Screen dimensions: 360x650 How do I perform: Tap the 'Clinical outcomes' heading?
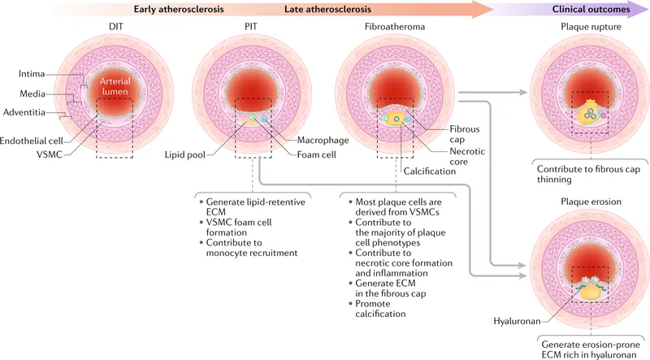tap(591, 9)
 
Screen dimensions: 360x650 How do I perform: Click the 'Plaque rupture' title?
tap(589, 28)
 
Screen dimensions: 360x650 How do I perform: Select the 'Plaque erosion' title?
tap(589, 202)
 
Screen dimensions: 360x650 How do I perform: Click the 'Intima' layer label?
tap(31, 74)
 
